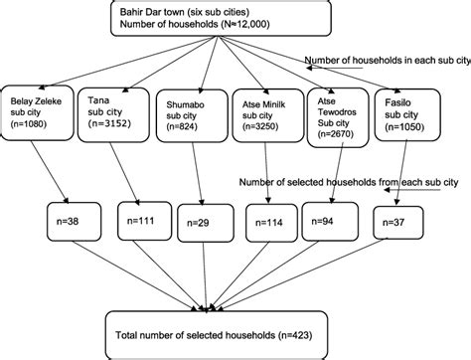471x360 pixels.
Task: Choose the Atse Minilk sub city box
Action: (x=263, y=119)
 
